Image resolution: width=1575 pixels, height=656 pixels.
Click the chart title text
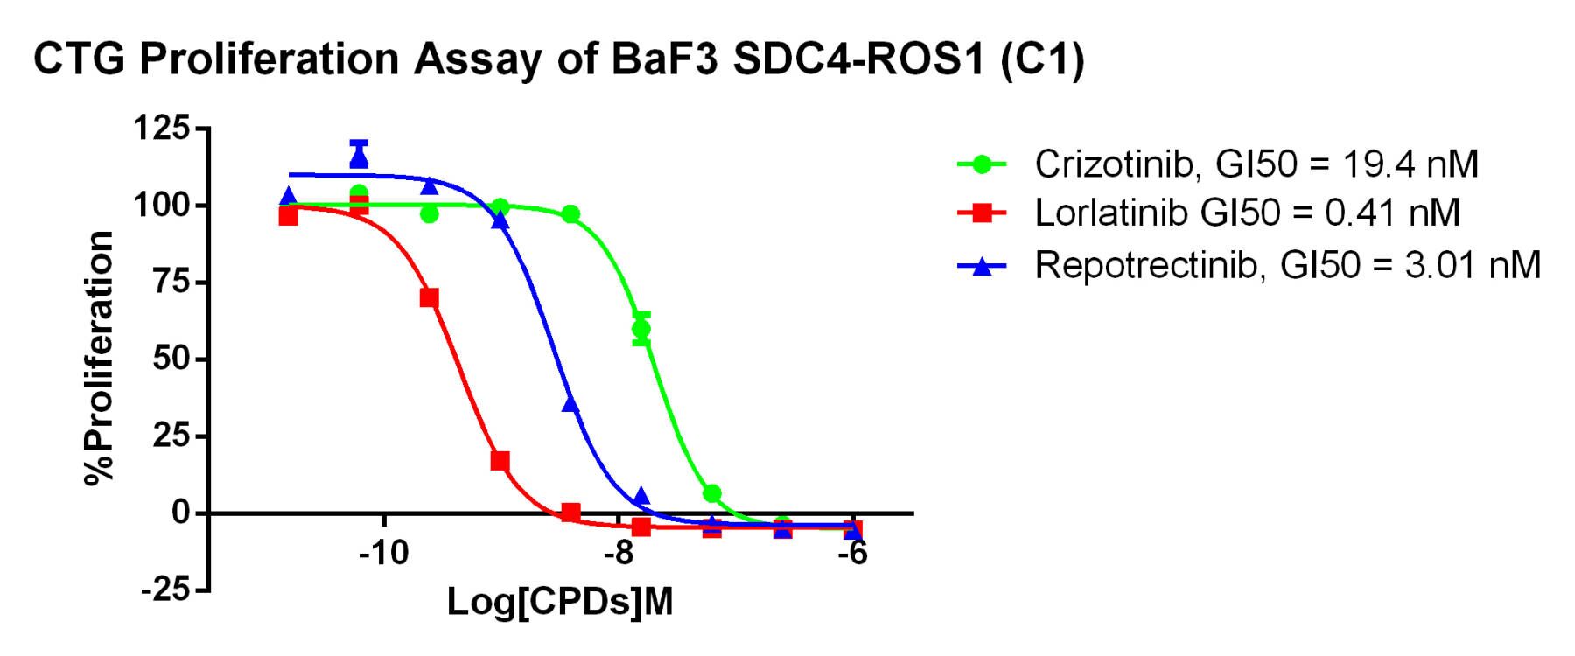[558, 59]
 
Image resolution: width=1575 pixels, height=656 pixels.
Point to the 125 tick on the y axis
[160, 129]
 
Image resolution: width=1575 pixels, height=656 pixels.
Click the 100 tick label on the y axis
[160, 206]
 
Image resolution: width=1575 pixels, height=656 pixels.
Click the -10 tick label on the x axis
[383, 554]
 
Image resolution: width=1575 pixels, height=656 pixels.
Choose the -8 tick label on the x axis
[618, 554]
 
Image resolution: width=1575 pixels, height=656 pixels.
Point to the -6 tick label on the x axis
[852, 554]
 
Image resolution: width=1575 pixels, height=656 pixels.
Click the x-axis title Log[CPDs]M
[560, 602]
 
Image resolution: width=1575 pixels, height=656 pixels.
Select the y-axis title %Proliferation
[100, 358]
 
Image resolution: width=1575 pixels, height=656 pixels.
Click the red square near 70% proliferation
[429, 297]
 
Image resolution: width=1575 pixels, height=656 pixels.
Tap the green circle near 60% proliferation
[641, 329]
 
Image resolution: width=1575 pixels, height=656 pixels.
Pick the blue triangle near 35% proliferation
[570, 403]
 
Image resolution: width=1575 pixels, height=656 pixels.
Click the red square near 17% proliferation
[500, 461]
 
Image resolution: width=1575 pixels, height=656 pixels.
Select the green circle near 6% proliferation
[711, 494]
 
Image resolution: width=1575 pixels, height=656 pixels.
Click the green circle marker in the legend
[983, 164]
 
